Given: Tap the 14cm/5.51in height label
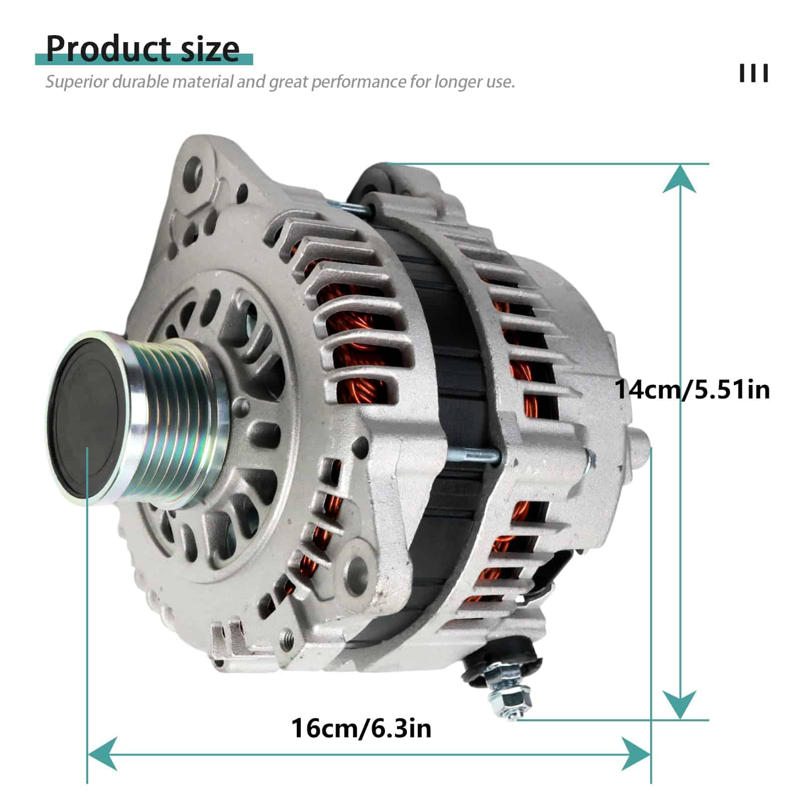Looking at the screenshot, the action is coord(692,389).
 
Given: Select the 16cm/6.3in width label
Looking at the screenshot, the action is coord(361,728).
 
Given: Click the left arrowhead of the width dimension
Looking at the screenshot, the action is coord(102,753).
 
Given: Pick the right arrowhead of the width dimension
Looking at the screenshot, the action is coord(636,753).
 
